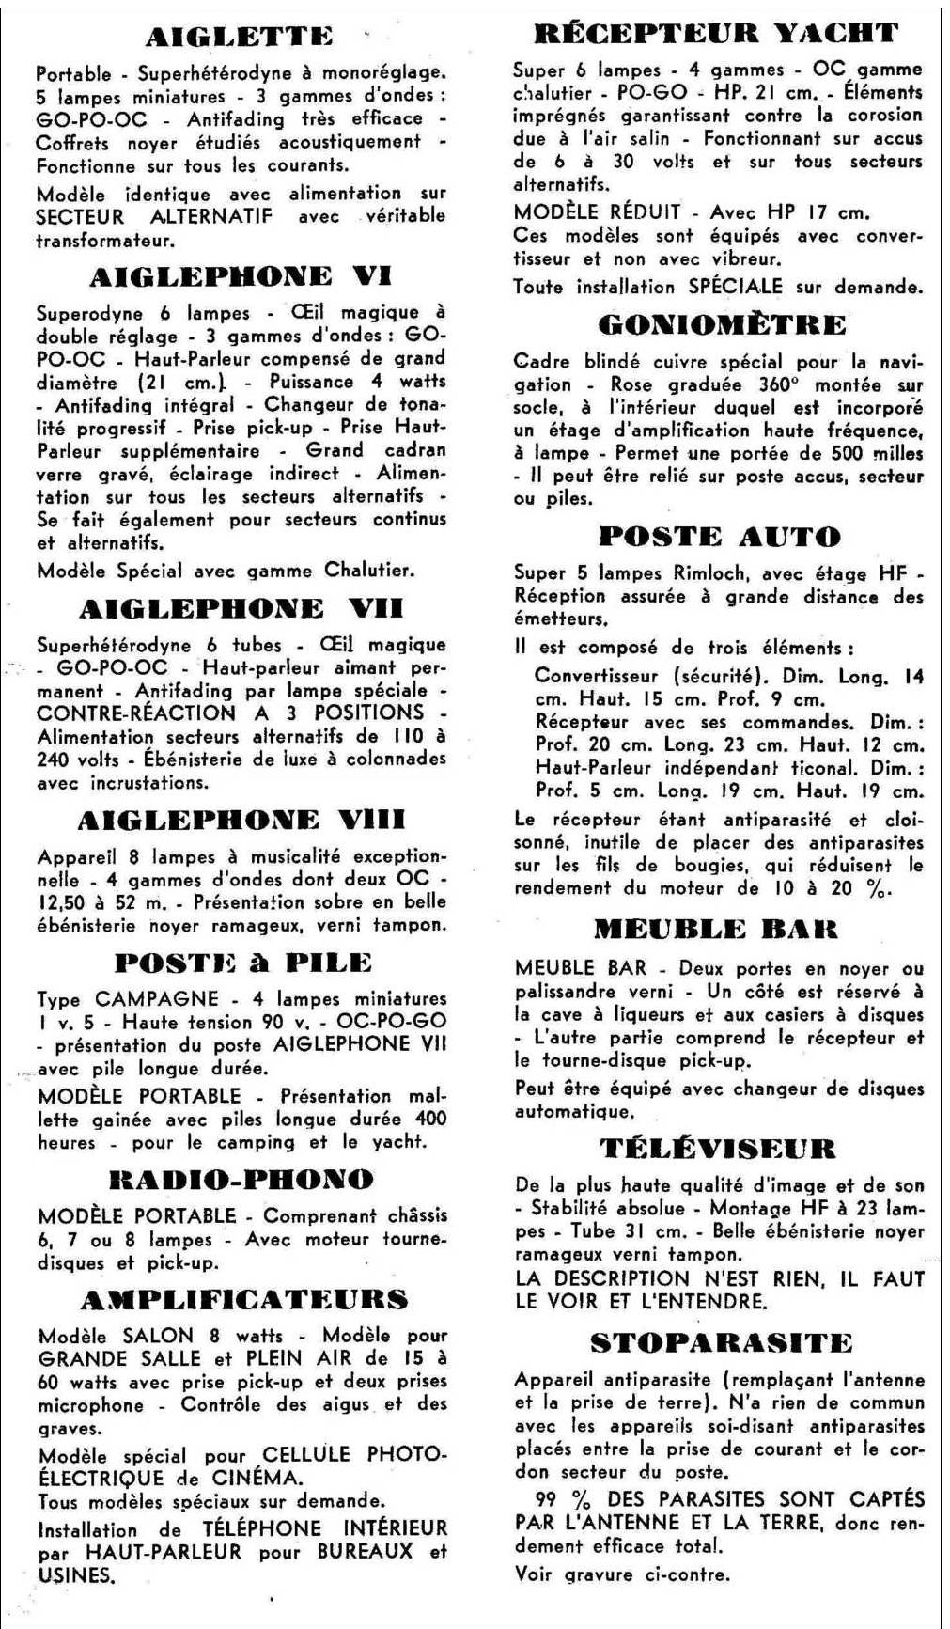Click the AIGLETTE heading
point(239,38)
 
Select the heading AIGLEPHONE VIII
point(241,821)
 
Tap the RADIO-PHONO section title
point(241,1180)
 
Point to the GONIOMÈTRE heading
point(722,325)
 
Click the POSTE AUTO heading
point(720,537)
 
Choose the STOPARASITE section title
point(721,1343)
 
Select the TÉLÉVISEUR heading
point(718,1149)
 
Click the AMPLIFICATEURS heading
point(244,1300)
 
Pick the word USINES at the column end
point(76,1575)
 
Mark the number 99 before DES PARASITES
point(550,1498)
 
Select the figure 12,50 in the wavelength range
point(67,902)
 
